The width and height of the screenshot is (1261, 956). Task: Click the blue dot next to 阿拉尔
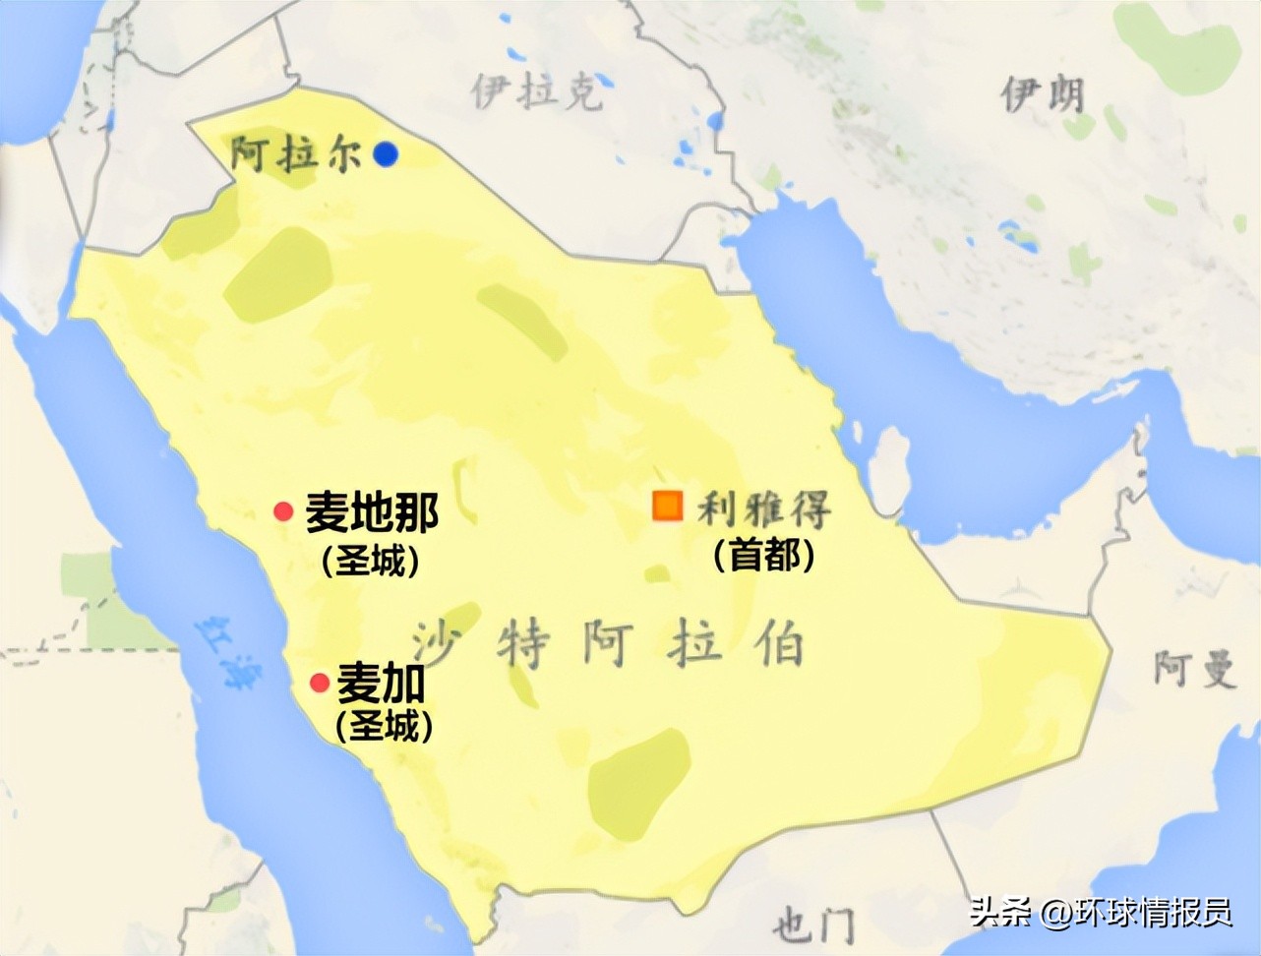coord(386,153)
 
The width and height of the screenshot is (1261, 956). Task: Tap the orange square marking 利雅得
coord(667,505)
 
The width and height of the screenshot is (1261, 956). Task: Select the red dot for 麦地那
coord(283,511)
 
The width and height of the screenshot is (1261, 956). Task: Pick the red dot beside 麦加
coord(319,683)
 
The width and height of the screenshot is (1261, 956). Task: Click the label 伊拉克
coord(535,91)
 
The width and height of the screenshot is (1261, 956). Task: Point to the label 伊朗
coord(1043,95)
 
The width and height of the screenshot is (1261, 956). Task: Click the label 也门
coord(812,925)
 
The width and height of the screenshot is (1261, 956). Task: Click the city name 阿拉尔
coord(295,154)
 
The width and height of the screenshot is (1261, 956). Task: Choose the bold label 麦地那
coord(371,511)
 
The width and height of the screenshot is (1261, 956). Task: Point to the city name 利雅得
coord(764,508)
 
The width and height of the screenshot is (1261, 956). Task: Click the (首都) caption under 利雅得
coord(764,556)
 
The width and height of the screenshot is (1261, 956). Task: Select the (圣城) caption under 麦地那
coord(370,561)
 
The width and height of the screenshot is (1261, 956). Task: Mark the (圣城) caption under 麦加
coord(384,727)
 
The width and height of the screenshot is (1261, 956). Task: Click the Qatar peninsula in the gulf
coord(891,462)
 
